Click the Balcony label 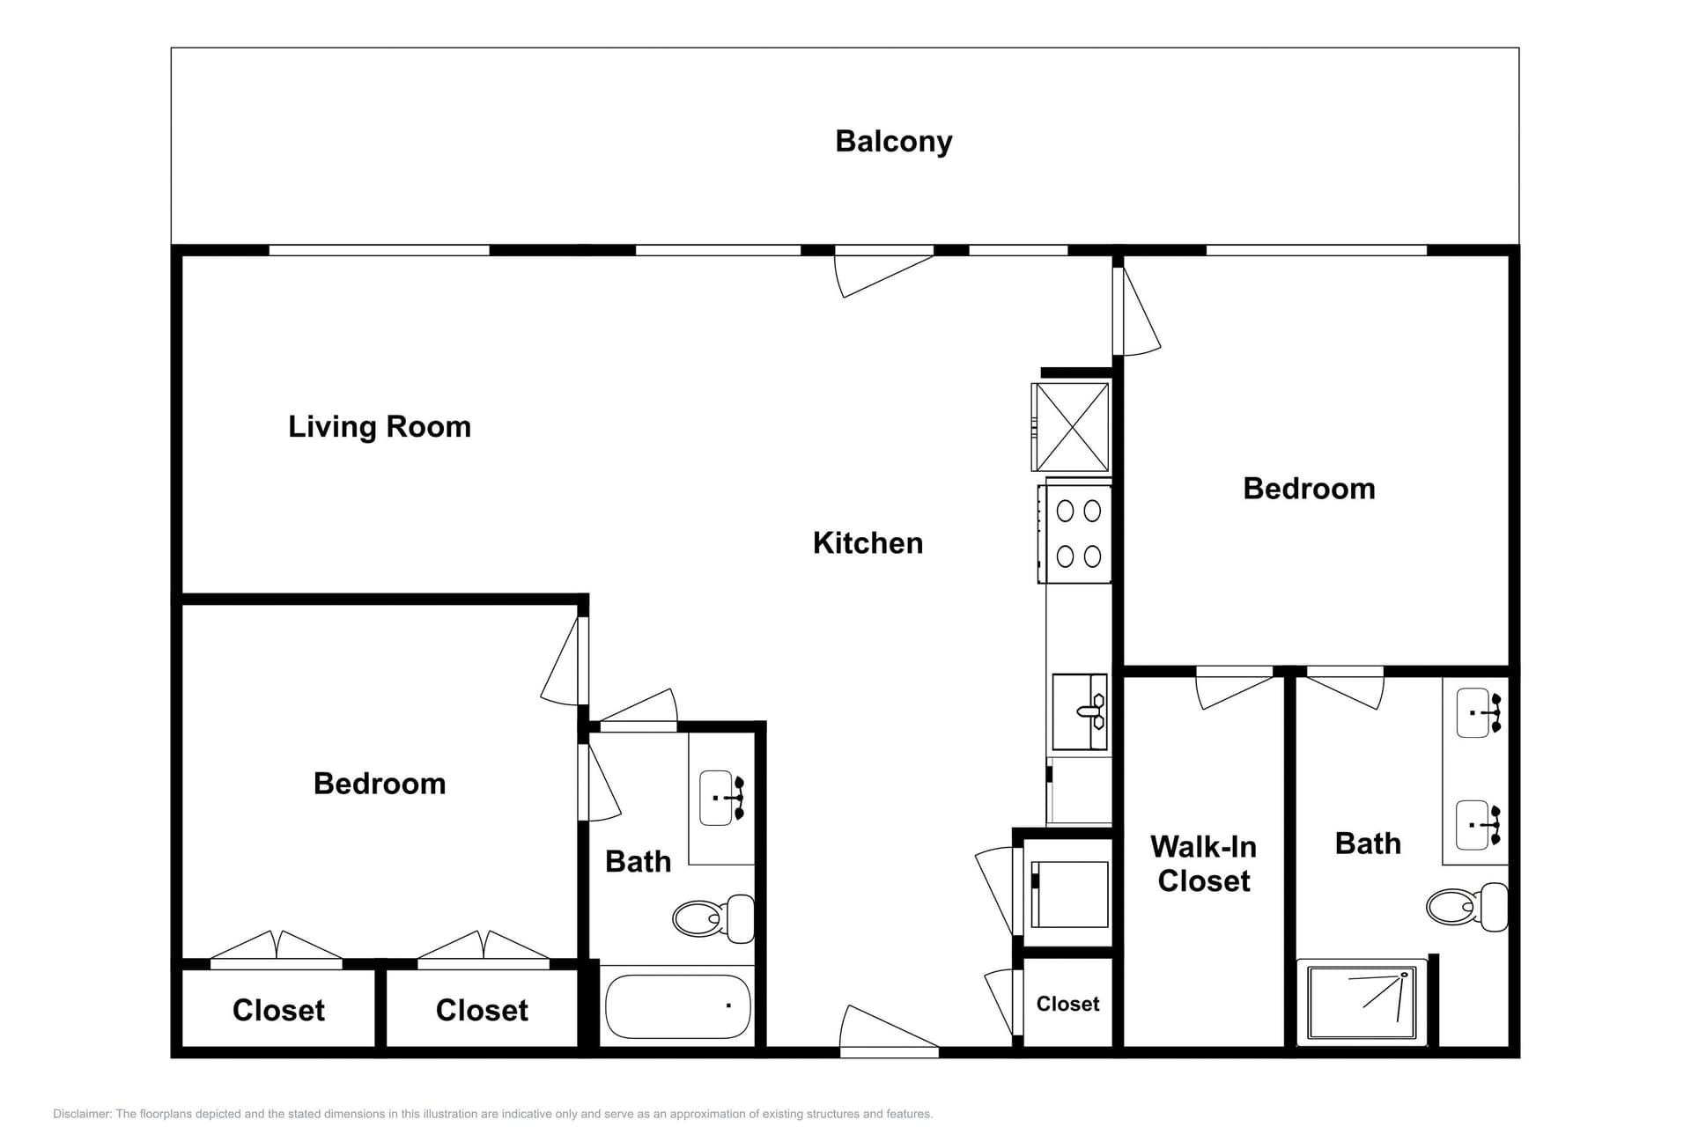click(893, 142)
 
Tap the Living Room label click(380, 427)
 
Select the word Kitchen click(868, 543)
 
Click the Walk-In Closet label click(1203, 864)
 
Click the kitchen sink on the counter click(1080, 711)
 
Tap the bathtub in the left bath click(676, 1005)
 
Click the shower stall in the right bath click(1361, 1002)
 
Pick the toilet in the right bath click(1466, 906)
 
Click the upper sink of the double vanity click(1479, 712)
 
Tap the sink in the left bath click(720, 798)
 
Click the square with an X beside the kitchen click(1071, 426)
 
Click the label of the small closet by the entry click(1067, 1004)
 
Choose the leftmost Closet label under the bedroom click(278, 1010)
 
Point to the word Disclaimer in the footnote click(81, 1114)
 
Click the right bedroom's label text click(1309, 489)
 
